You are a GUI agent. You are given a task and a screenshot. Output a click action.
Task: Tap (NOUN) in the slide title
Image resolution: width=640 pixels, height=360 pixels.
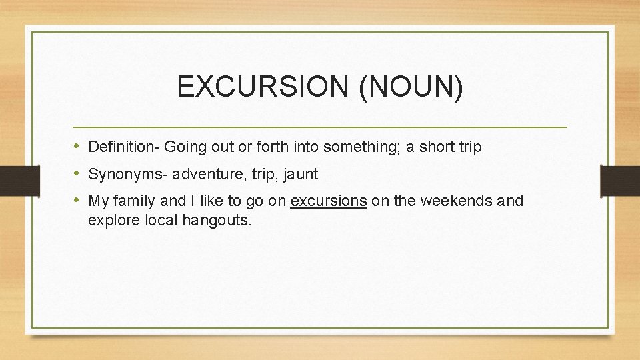(410, 87)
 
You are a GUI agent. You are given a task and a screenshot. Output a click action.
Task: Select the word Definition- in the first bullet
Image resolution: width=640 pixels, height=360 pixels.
(124, 147)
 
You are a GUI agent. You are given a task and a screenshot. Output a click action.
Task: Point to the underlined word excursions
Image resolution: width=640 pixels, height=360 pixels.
(329, 201)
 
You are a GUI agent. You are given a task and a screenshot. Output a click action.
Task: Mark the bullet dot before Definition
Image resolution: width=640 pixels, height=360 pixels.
(77, 146)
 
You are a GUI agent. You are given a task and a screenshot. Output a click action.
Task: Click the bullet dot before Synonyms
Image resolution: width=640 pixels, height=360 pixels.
(77, 174)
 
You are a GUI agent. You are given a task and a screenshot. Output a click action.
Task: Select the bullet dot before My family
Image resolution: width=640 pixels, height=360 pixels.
(77, 200)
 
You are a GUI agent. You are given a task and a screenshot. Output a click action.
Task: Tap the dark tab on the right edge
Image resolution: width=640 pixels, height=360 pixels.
(620, 180)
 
